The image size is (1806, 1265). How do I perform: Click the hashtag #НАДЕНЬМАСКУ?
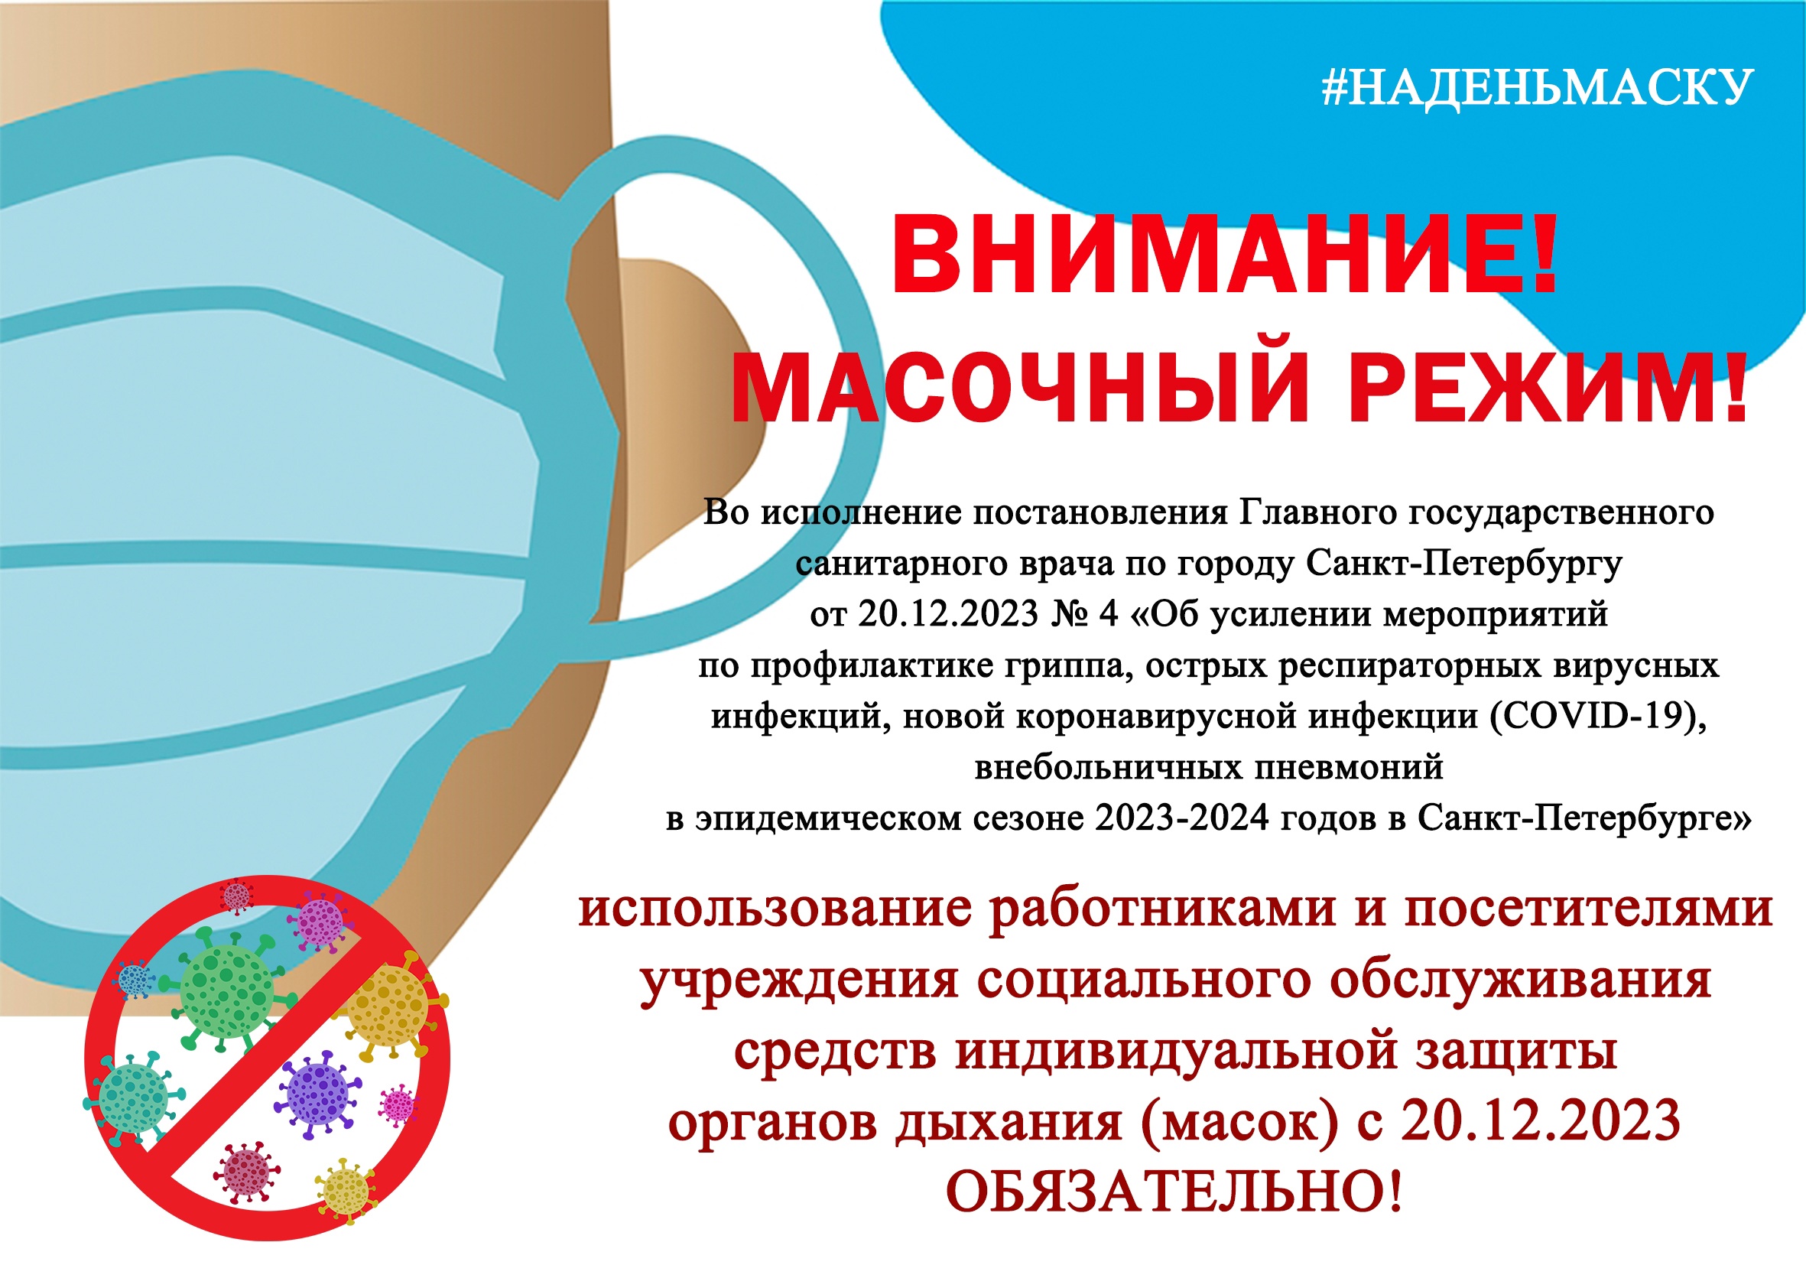[1537, 87]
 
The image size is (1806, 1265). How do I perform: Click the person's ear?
[692, 409]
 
